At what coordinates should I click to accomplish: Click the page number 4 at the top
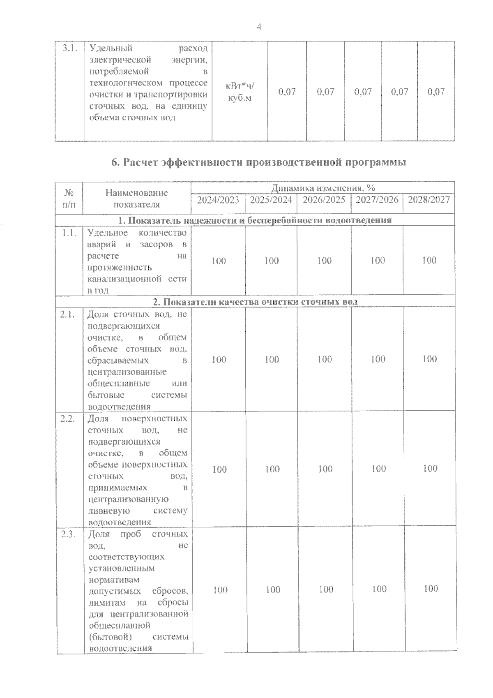pos(259,27)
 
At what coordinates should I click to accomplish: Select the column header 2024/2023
pos(218,200)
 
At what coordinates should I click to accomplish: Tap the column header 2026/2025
pos(324,200)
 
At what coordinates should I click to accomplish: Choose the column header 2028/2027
pos(429,200)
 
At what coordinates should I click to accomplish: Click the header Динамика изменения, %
pos(323,188)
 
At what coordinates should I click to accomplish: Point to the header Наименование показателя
pos(137,199)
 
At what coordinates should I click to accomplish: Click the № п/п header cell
pos(69,198)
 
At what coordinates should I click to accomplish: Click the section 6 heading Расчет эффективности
pos(259,162)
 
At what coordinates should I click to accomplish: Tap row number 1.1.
pos(69,233)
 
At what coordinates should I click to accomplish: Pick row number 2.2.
pos(68,419)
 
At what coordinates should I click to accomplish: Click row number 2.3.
pos(68,534)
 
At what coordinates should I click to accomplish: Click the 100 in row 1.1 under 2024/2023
pos(219,261)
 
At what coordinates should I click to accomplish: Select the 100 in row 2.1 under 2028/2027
pos(429,359)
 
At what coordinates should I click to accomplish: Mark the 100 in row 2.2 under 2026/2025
pos(325,469)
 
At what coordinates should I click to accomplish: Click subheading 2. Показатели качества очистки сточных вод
pos(255,302)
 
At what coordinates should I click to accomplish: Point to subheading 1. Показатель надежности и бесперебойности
pos(255,220)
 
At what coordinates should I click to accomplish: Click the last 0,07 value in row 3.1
pos(436,92)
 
